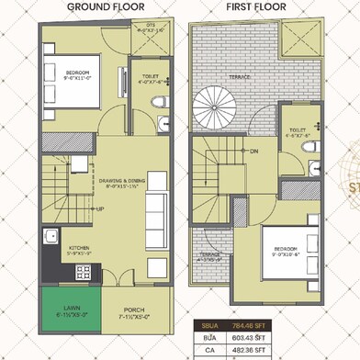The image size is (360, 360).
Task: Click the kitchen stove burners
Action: coord(83,272)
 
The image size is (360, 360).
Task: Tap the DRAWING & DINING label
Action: coord(122,183)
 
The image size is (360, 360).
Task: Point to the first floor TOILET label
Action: coord(295,129)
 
